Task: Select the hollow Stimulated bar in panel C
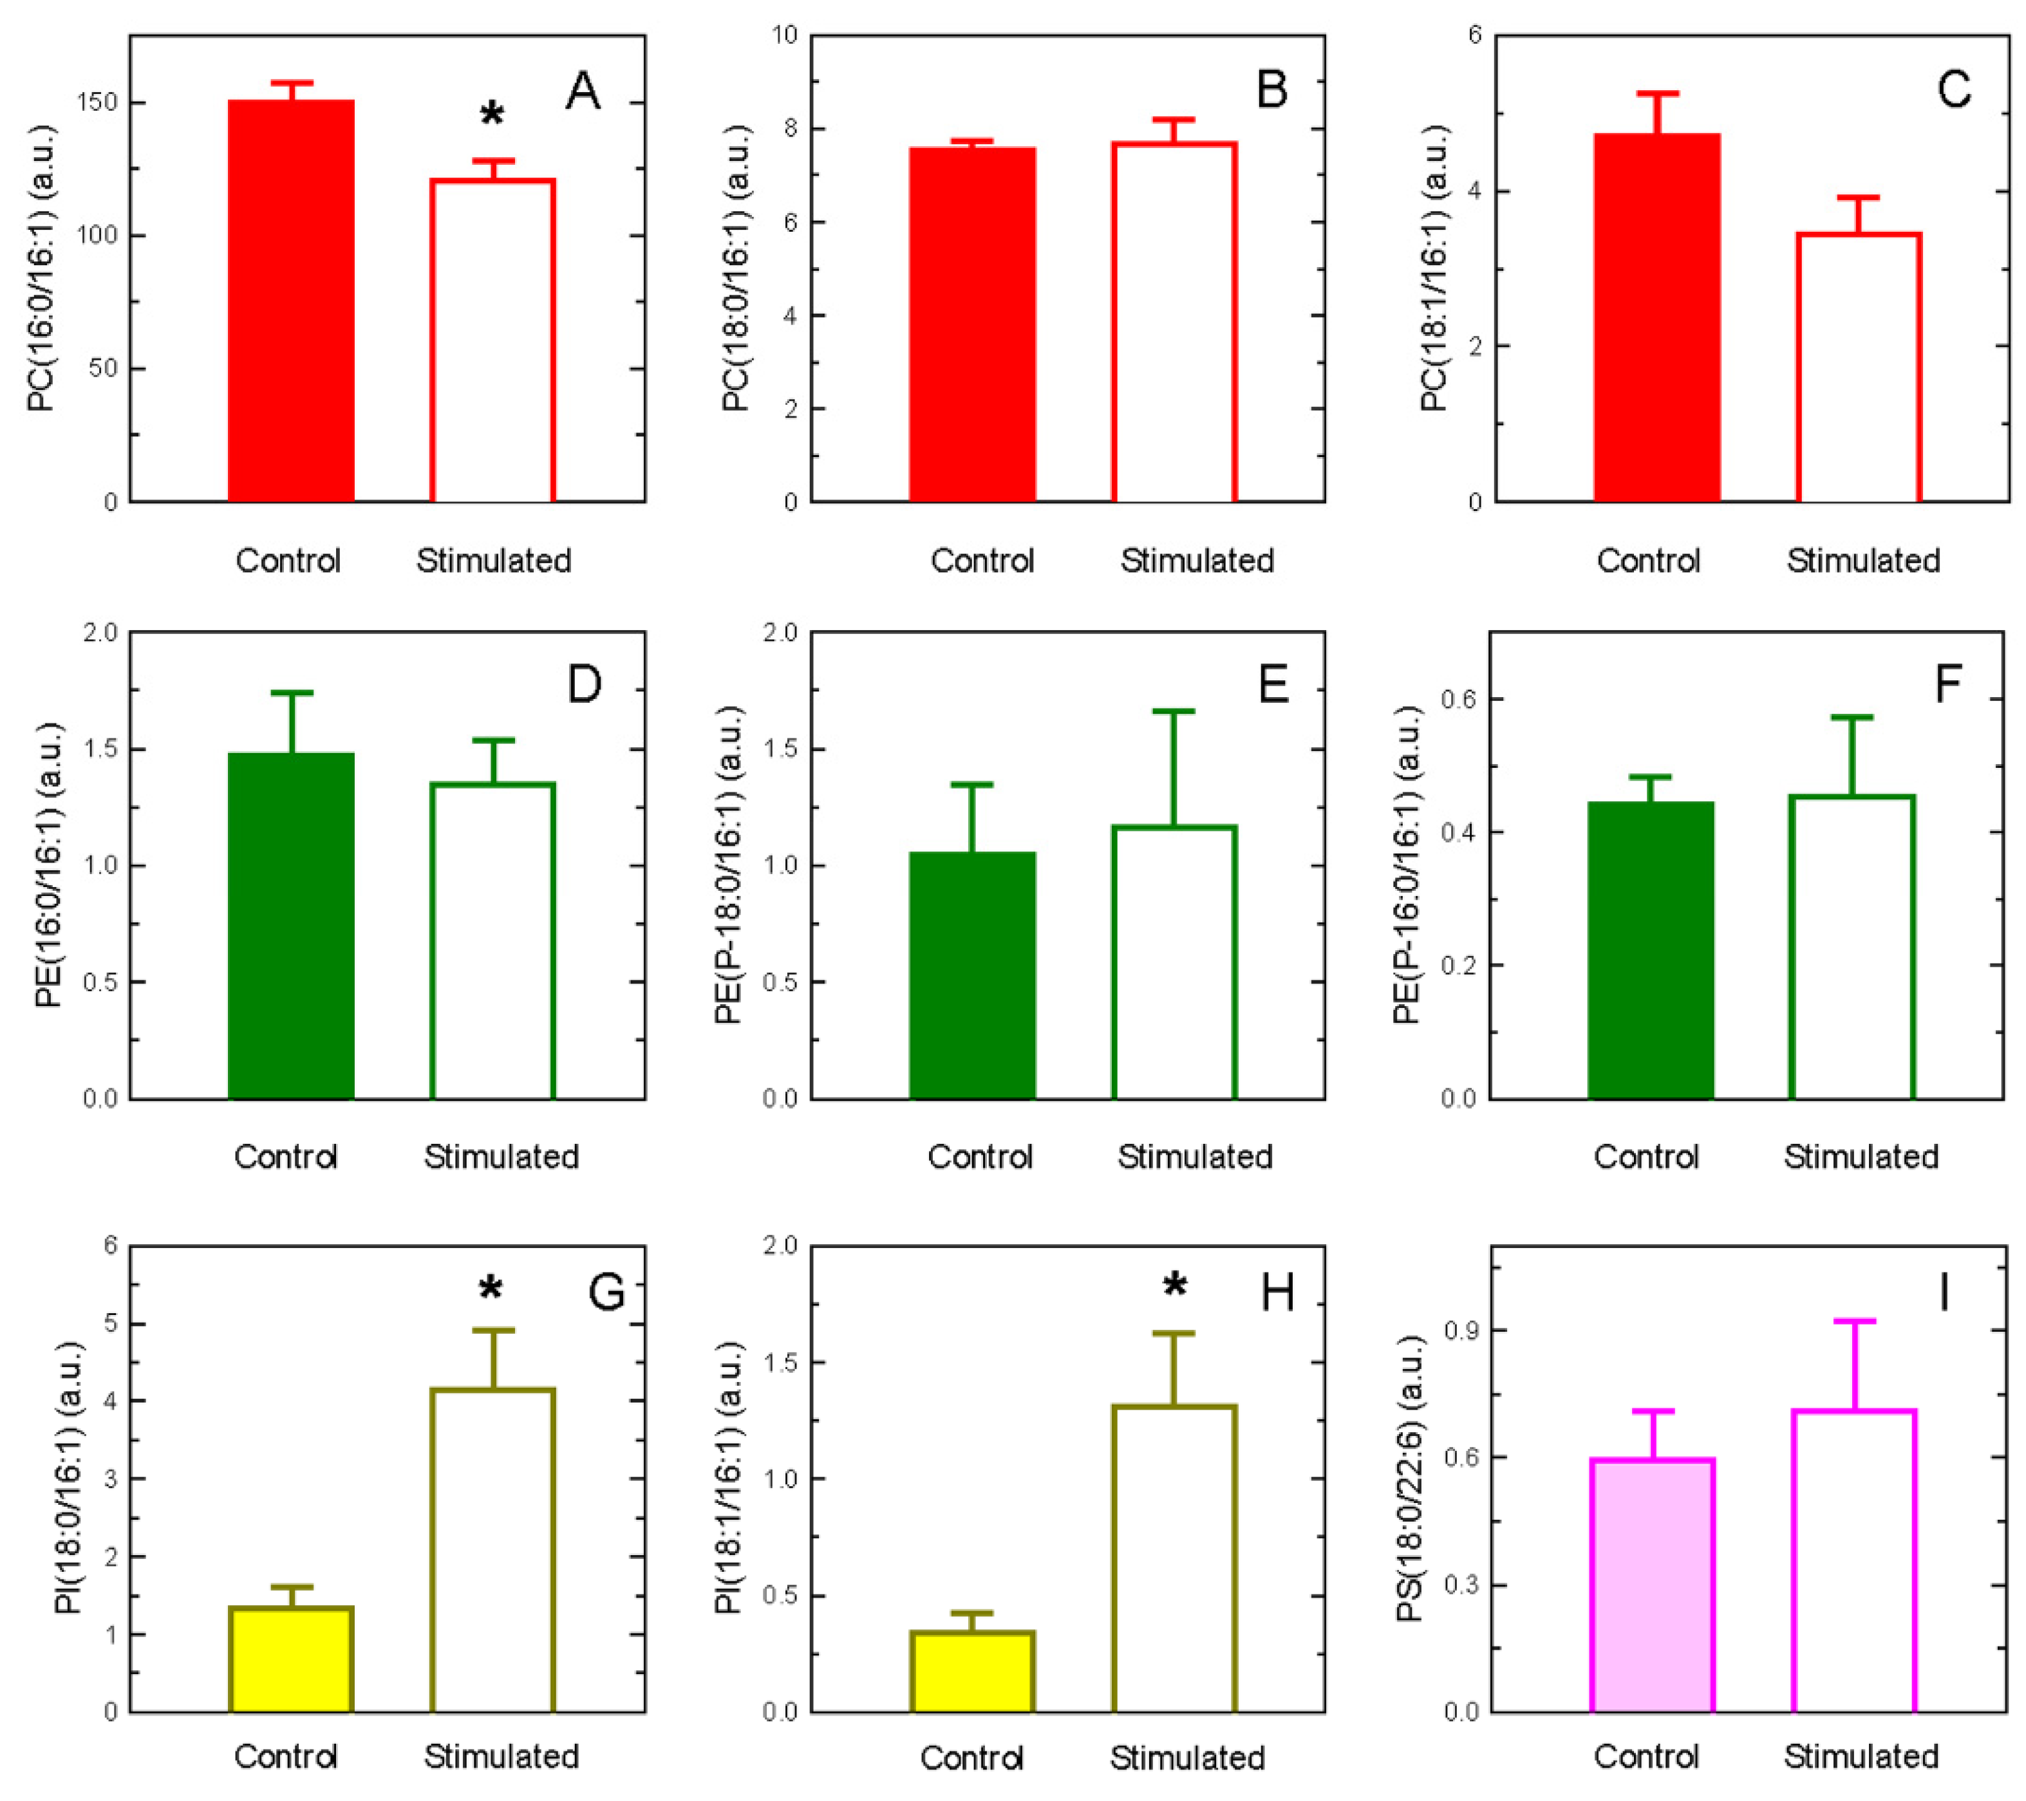1859,367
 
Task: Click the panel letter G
606,1291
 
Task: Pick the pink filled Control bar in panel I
1653,1586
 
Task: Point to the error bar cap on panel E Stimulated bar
1174,712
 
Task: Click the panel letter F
1947,684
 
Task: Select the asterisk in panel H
1174,1287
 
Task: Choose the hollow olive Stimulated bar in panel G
492,1551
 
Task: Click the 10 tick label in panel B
784,35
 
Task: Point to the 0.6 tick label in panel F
1458,699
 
